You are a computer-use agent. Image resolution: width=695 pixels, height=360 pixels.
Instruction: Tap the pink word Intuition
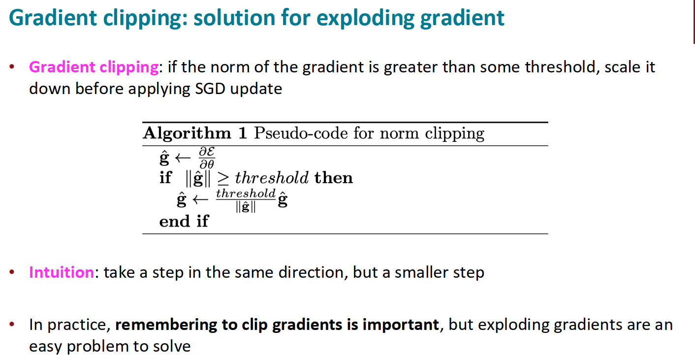click(62, 272)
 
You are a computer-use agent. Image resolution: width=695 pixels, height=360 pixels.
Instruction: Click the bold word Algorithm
click(187, 133)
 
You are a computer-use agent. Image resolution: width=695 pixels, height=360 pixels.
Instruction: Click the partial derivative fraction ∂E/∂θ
click(207, 158)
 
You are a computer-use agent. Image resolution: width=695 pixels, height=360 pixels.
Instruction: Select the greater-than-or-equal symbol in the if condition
click(223, 179)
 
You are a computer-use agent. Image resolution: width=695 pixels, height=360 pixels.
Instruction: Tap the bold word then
click(334, 178)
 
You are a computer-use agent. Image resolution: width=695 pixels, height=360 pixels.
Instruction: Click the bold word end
click(174, 222)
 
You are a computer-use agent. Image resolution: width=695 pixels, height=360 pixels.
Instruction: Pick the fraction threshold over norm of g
click(246, 200)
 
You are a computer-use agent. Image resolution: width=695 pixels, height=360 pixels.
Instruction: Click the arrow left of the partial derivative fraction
click(183, 158)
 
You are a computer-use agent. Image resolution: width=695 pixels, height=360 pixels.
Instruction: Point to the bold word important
click(401, 325)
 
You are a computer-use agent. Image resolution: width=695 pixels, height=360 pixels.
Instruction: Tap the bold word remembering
click(166, 325)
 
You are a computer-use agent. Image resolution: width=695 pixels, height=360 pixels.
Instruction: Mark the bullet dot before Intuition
click(12, 272)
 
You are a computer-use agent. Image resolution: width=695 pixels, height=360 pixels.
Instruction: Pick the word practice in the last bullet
click(79, 325)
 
